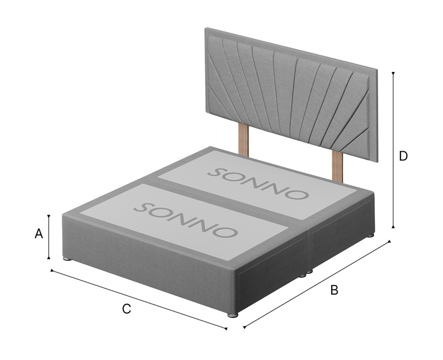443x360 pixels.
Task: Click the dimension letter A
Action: coord(39,234)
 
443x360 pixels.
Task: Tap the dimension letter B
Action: coord(334,290)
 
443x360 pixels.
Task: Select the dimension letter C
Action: coord(126,309)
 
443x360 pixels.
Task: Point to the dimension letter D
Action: coord(403,156)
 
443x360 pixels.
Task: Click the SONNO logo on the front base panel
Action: coord(185,220)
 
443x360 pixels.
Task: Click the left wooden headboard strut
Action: coord(243,140)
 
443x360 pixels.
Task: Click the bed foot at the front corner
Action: coord(233,315)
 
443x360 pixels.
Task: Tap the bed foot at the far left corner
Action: coord(67,258)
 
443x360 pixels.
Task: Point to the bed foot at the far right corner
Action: coord(370,235)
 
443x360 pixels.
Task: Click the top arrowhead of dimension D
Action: coord(393,73)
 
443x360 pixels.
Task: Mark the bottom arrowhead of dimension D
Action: coord(393,226)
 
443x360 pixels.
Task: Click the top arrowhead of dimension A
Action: coord(49,217)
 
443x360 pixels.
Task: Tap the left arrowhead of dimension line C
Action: coord(52,271)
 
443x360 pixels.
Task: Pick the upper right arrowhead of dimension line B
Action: coord(389,241)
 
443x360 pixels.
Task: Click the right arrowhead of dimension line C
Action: coord(226,328)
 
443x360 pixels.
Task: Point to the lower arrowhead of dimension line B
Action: coord(245,327)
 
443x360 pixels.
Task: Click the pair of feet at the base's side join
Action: coord(306,273)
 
